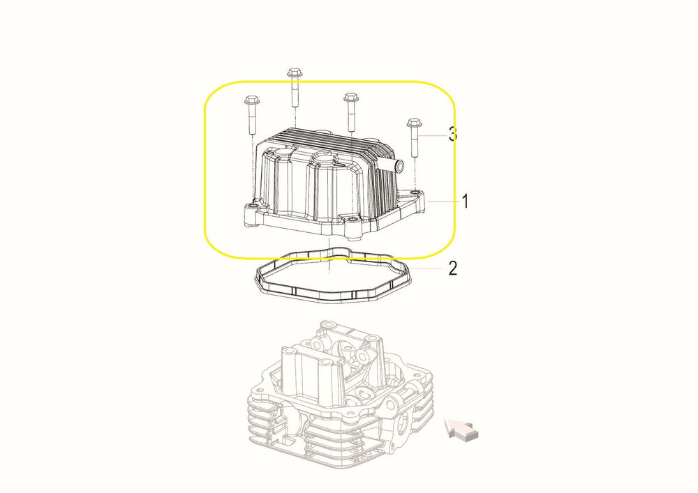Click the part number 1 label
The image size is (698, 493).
pos(465,201)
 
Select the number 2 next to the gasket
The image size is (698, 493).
pos(453,268)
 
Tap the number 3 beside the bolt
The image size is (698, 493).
pos(452,134)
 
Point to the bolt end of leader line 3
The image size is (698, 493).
pos(419,135)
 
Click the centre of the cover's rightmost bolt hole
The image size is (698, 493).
pos(416,192)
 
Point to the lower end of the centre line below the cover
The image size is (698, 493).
pos(329,273)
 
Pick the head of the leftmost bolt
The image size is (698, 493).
pos(251,99)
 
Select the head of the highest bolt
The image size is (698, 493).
pos(293,72)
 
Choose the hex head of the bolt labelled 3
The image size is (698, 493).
pos(415,122)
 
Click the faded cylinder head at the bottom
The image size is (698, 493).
pos(340,393)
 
